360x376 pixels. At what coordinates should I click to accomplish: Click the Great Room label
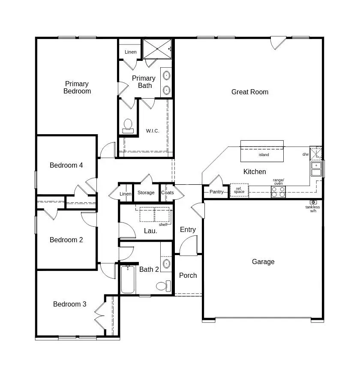pyautogui.click(x=250, y=92)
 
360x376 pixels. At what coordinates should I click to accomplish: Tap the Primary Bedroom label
pyautogui.click(x=77, y=87)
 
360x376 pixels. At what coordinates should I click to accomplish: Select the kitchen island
pyautogui.click(x=262, y=151)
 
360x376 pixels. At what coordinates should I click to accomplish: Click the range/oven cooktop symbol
pyautogui.click(x=279, y=192)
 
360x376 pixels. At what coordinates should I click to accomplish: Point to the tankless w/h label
pyautogui.click(x=312, y=209)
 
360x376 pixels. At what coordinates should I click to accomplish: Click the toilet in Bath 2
pyautogui.click(x=162, y=286)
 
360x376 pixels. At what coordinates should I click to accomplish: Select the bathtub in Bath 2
pyautogui.click(x=128, y=280)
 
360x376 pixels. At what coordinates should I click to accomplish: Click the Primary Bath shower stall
pyautogui.click(x=157, y=48)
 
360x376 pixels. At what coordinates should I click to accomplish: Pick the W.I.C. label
pyautogui.click(x=153, y=131)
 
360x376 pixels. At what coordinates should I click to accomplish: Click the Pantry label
pyautogui.click(x=216, y=192)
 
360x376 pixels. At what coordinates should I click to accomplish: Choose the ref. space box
pyautogui.click(x=239, y=190)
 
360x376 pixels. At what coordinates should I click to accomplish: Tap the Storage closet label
pyautogui.click(x=146, y=193)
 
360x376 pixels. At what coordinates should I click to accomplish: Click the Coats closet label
pyautogui.click(x=168, y=193)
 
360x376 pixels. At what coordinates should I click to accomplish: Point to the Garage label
pyautogui.click(x=263, y=262)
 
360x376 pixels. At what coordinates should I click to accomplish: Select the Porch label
pyautogui.click(x=188, y=275)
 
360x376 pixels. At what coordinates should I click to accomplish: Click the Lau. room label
pyautogui.click(x=150, y=231)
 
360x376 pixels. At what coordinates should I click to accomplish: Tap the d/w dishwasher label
pyautogui.click(x=306, y=154)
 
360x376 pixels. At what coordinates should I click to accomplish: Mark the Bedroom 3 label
pyautogui.click(x=70, y=304)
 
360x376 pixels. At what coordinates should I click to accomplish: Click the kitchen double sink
pyautogui.click(x=316, y=169)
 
